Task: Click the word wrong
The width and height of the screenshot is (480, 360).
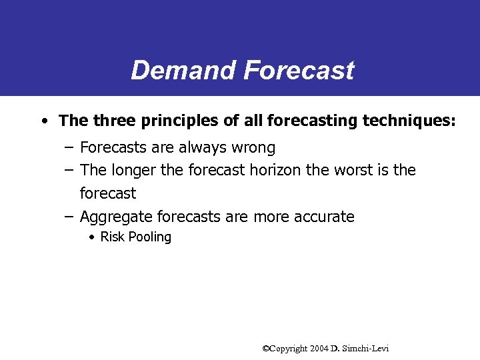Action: click(252, 147)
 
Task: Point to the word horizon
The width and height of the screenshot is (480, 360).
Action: click(275, 170)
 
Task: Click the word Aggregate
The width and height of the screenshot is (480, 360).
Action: click(115, 217)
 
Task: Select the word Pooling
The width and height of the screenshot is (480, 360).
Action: click(150, 237)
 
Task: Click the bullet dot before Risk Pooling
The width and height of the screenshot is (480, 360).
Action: click(92, 237)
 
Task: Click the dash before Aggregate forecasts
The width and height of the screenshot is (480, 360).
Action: click(69, 217)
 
